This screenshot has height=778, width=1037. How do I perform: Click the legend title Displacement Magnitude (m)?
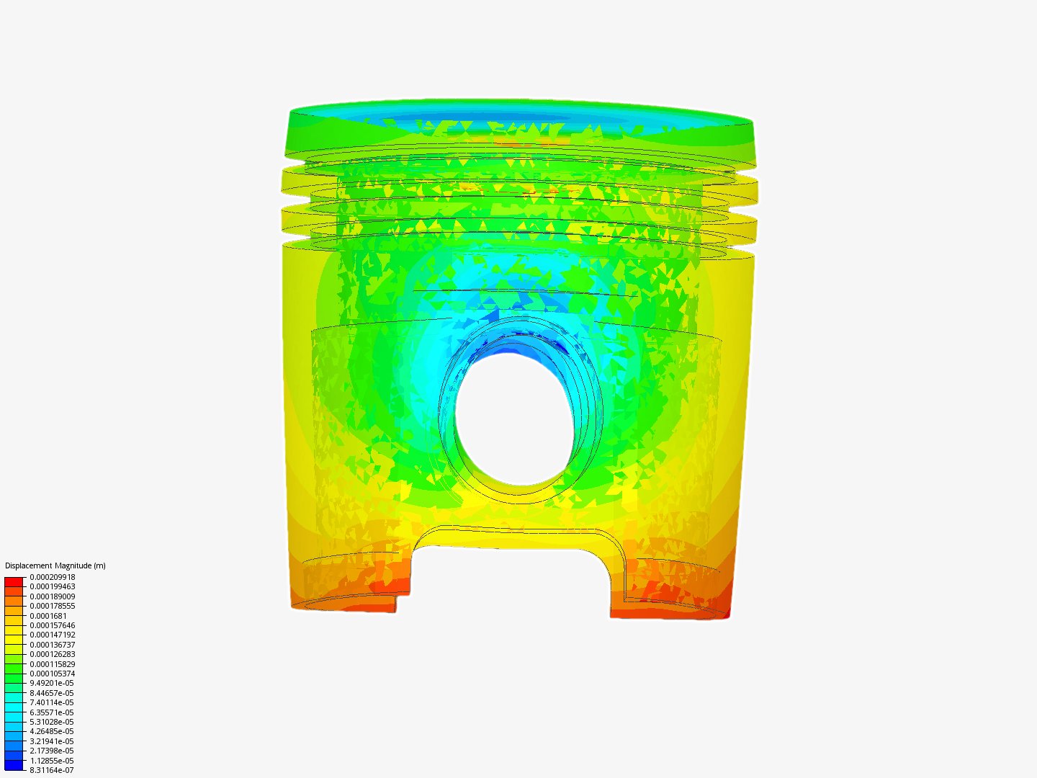coord(55,565)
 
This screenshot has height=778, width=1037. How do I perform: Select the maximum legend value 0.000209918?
coord(52,577)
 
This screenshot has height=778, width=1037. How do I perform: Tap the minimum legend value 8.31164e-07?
coord(51,770)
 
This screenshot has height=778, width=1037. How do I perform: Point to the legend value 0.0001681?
coord(48,616)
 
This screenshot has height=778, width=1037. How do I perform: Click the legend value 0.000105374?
coord(52,674)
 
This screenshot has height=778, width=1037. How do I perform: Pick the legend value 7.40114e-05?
coord(51,702)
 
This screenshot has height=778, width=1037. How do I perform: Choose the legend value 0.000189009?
coord(52,596)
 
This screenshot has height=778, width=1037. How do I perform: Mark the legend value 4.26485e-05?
coord(51,731)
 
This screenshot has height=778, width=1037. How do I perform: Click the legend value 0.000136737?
coord(52,645)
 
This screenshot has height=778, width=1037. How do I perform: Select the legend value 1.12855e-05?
coord(51,761)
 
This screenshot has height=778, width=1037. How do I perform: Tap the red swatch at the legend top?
coord(14,581)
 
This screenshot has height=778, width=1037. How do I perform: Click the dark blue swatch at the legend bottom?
coord(14,765)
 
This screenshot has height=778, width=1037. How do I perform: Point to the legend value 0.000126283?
coord(52,654)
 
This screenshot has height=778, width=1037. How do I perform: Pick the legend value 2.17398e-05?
coord(51,751)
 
